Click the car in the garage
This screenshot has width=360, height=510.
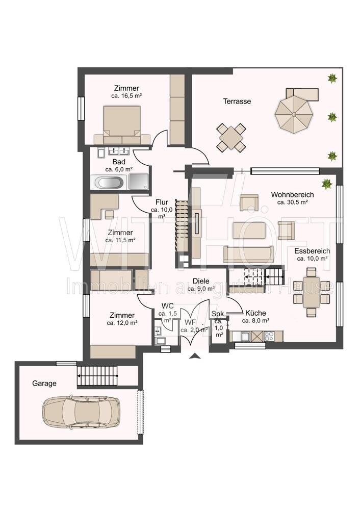pos(81,411)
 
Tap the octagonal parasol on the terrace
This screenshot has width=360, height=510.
pos(294,114)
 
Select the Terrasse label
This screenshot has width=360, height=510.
pos(237,101)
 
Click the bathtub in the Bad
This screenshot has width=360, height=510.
pos(109,182)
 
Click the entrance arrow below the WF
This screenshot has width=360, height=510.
pos(195,356)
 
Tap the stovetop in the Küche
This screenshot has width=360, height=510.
pos(269,336)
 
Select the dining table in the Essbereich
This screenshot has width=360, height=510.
pos(312,292)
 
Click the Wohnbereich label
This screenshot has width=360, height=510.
pos(292,194)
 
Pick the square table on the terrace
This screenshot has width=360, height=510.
pos(230,138)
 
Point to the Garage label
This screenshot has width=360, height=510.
pos(44,384)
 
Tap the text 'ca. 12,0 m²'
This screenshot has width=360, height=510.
pos(122,323)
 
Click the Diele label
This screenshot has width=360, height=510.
pos(201,281)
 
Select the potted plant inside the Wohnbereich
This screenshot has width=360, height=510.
pos(327,183)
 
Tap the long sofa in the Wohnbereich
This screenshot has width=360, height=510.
pos(248,254)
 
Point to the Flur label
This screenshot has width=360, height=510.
pos(162,202)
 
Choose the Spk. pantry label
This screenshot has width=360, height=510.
pos(219,314)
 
